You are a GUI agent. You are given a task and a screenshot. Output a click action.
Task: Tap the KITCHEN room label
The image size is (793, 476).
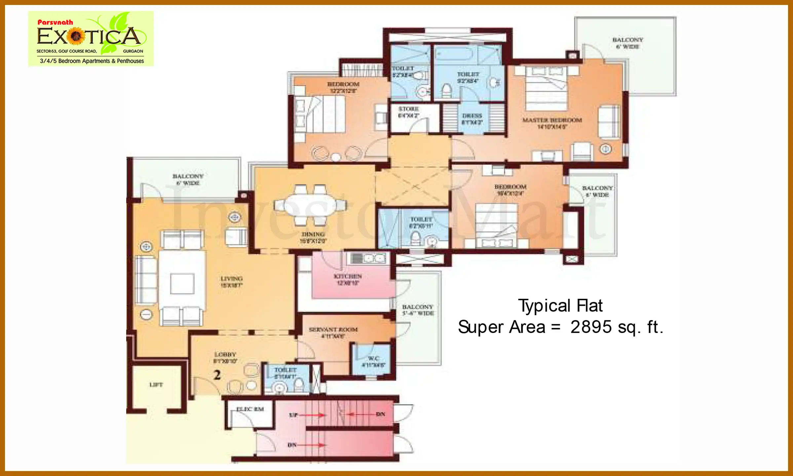pyautogui.click(x=348, y=276)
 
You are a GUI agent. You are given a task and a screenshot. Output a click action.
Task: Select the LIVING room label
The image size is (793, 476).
pyautogui.click(x=231, y=279)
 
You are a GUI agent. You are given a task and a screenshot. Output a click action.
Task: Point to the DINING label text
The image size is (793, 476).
pyautogui.click(x=313, y=234)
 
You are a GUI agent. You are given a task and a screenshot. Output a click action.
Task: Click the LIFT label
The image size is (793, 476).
pyautogui.click(x=156, y=385)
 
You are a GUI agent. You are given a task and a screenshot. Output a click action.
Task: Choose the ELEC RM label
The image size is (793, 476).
pyautogui.click(x=250, y=409)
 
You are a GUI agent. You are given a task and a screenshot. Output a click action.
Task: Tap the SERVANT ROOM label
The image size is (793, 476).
pyautogui.click(x=333, y=330)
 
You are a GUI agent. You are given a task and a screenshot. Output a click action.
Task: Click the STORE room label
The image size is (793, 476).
pyautogui.click(x=408, y=109)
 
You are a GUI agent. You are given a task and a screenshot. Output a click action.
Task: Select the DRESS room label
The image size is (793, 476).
pyautogui.click(x=472, y=116)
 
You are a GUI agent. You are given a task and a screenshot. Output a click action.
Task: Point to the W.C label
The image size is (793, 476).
pyautogui.click(x=373, y=359)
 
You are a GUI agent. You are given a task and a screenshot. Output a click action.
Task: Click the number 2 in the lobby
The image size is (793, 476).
pyautogui.click(x=217, y=375)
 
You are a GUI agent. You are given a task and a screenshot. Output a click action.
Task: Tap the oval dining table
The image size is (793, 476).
pyautogui.click(x=310, y=205)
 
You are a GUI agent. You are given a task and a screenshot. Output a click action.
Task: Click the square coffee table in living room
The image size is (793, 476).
pyautogui.click(x=182, y=284)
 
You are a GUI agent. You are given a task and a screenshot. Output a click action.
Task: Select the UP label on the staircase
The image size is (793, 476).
pyautogui.click(x=293, y=415)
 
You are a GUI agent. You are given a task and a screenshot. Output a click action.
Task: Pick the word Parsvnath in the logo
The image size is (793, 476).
pyautogui.click(x=55, y=22)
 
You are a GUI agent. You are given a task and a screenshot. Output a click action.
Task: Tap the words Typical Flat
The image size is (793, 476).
pyautogui.click(x=560, y=306)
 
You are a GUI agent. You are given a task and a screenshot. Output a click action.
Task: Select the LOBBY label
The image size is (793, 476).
pyautogui.click(x=225, y=354)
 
